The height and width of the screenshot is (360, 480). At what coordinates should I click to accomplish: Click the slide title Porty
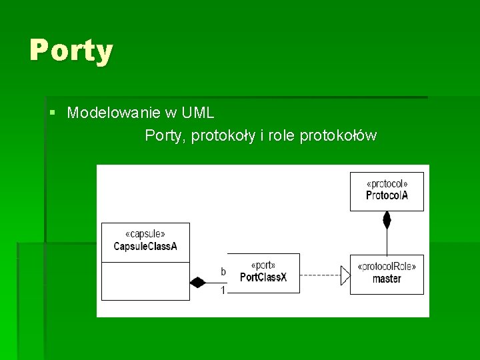pyautogui.click(x=71, y=50)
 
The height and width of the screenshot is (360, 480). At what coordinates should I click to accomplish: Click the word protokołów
pyautogui.click(x=338, y=136)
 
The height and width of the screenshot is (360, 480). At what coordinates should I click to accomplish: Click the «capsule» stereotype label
pyautogui.click(x=145, y=235)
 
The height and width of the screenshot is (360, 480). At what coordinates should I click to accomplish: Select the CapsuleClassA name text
pyautogui.click(x=145, y=246)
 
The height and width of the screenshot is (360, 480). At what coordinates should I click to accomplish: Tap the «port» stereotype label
pyautogui.click(x=263, y=265)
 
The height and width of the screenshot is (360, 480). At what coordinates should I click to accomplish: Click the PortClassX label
pyautogui.click(x=263, y=277)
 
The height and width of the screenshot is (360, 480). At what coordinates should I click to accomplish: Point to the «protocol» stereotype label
pyautogui.click(x=387, y=184)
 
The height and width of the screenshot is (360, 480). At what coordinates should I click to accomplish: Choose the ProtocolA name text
pyautogui.click(x=387, y=195)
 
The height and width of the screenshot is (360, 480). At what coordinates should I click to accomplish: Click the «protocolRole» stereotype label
pyautogui.click(x=387, y=267)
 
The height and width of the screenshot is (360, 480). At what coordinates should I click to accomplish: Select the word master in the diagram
pyautogui.click(x=387, y=278)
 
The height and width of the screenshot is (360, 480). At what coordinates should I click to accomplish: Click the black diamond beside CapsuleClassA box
pyautogui.click(x=197, y=282)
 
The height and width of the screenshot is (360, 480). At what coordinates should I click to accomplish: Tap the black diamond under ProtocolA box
pyautogui.click(x=387, y=219)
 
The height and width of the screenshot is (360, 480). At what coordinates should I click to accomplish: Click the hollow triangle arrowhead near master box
pyautogui.click(x=345, y=275)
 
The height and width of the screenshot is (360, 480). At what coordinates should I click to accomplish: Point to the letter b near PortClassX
pyautogui.click(x=223, y=271)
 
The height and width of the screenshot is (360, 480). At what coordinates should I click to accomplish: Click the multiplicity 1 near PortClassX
pyautogui.click(x=223, y=289)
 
